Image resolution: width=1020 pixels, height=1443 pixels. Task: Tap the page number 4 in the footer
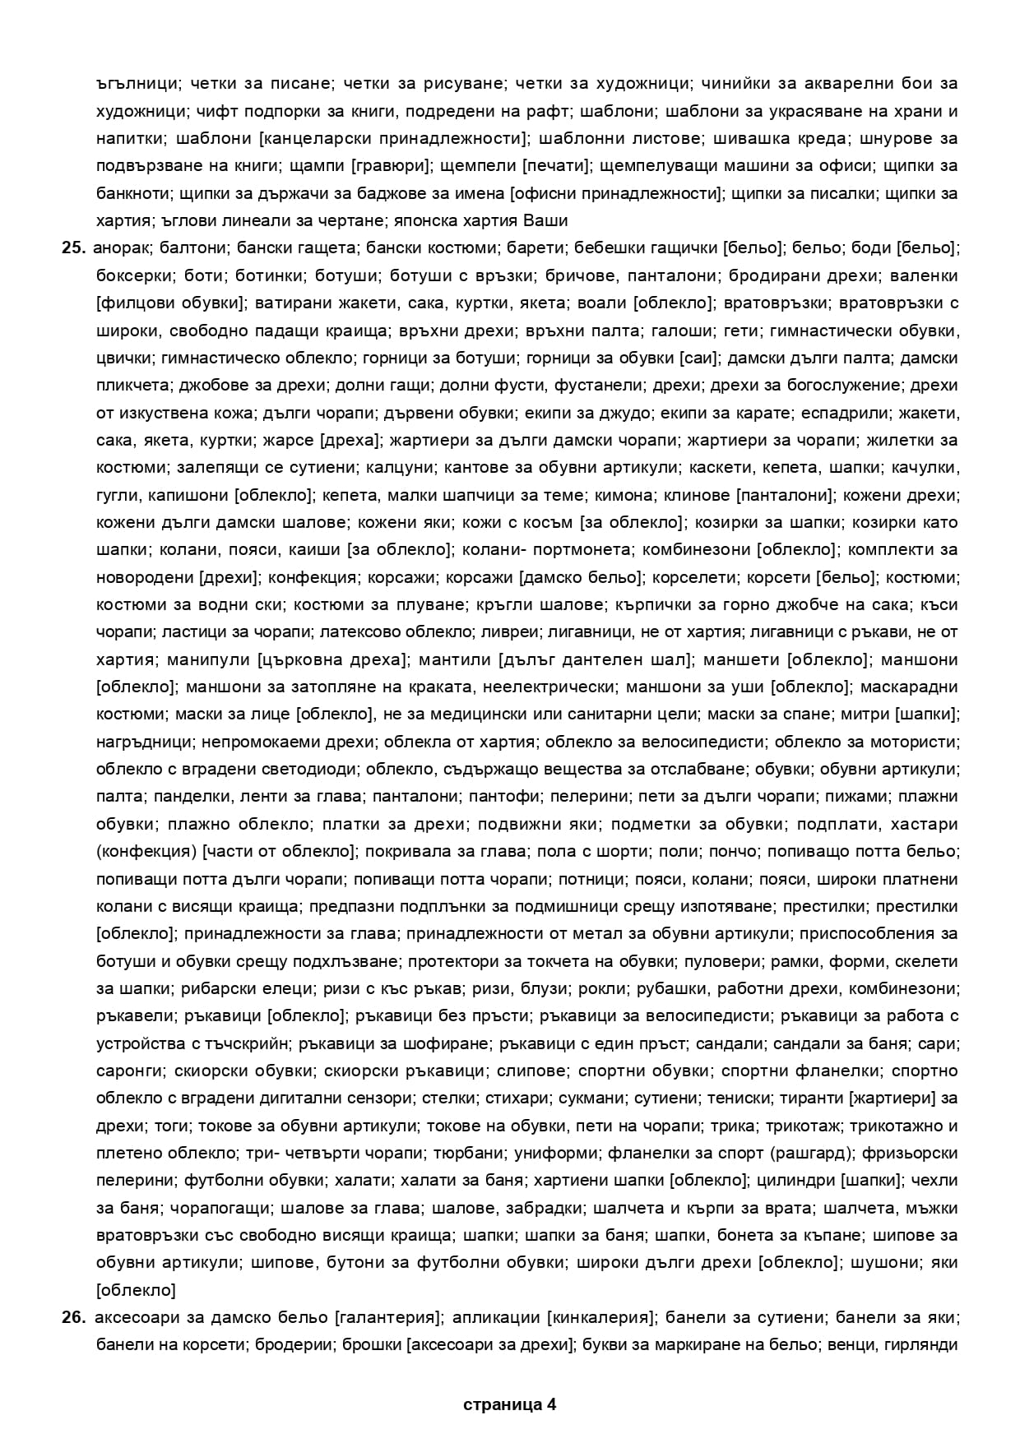(x=550, y=1404)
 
